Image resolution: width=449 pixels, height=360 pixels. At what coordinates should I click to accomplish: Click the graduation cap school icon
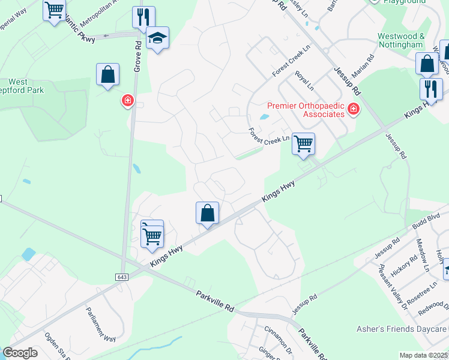click(158, 38)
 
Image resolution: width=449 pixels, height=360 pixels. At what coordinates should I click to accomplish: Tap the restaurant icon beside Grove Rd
click(143, 17)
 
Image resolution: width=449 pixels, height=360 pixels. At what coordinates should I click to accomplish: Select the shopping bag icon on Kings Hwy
click(207, 213)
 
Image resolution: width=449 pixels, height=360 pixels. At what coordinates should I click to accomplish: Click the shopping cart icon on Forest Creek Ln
click(304, 144)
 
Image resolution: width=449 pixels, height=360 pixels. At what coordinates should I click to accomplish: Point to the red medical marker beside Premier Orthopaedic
click(353, 109)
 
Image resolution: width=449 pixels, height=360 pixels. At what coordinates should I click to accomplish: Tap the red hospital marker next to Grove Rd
click(127, 100)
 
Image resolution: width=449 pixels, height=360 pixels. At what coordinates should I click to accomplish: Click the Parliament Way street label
click(99, 325)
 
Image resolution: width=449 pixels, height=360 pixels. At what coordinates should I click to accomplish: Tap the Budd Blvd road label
click(426, 220)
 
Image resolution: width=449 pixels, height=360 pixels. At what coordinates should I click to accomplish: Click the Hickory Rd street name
click(405, 267)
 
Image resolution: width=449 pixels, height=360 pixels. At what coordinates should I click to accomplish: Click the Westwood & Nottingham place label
click(401, 40)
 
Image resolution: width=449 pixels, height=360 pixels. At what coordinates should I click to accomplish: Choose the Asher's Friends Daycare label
click(411, 329)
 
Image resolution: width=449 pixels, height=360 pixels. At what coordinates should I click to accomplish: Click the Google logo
click(20, 353)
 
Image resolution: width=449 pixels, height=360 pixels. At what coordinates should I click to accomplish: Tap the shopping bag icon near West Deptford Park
click(107, 75)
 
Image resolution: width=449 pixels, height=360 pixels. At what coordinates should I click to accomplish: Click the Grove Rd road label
click(137, 56)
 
